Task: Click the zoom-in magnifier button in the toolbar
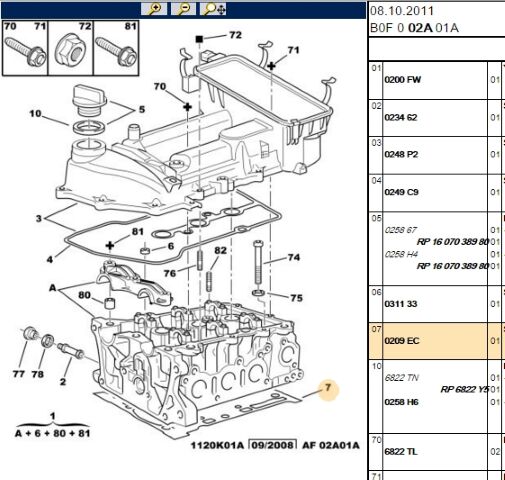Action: [x=154, y=9]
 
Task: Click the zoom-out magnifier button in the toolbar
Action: [x=183, y=9]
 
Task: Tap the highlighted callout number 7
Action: [x=328, y=387]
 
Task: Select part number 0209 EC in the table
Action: [x=402, y=341]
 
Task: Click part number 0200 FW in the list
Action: [x=402, y=80]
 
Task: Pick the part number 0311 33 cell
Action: [x=401, y=304]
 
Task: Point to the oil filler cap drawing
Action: [x=89, y=100]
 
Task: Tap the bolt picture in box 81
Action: [x=116, y=51]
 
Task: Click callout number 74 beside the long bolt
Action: [x=294, y=257]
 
